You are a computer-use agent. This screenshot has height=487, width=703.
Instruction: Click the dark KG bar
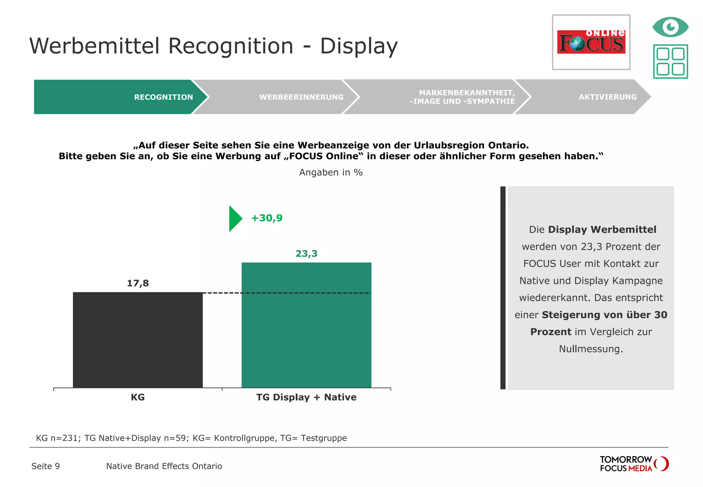click(138, 340)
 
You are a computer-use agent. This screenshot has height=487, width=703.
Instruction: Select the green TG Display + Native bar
click(306, 325)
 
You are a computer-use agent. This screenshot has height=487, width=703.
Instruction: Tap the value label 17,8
click(138, 283)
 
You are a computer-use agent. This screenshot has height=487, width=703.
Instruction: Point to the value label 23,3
click(306, 254)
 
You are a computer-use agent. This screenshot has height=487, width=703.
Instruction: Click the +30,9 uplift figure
click(267, 218)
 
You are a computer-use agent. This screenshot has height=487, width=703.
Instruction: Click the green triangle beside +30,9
click(235, 218)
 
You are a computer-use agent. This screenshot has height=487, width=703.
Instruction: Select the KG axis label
click(138, 397)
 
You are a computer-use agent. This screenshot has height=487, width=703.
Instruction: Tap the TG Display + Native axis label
click(306, 397)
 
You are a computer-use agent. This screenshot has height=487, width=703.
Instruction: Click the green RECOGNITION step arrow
click(120, 97)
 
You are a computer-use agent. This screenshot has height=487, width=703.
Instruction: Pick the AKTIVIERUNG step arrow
click(584, 97)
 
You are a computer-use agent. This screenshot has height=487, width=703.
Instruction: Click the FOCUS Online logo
click(591, 42)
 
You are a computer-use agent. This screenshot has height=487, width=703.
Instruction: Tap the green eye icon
click(670, 27)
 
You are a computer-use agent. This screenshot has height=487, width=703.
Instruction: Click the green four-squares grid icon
click(670, 61)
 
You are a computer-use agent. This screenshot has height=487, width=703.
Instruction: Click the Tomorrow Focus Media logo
click(633, 464)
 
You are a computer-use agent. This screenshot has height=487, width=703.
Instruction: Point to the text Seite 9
click(46, 466)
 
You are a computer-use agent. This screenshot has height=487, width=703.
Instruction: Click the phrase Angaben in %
click(331, 172)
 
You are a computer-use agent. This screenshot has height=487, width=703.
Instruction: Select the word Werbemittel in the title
click(95, 46)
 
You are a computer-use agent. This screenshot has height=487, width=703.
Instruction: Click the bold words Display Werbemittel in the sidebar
click(602, 229)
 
